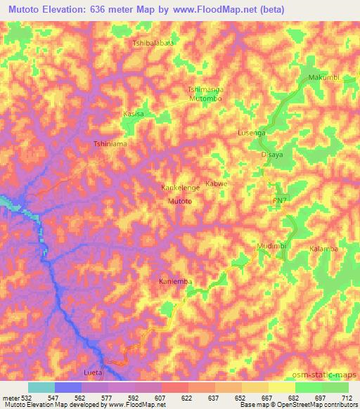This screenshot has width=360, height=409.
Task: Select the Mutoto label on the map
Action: click(180, 201)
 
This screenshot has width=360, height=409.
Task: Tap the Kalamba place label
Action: click(324, 249)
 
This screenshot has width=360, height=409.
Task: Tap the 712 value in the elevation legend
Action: click(347, 397)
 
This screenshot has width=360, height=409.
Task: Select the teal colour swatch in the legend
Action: click(41, 387)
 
